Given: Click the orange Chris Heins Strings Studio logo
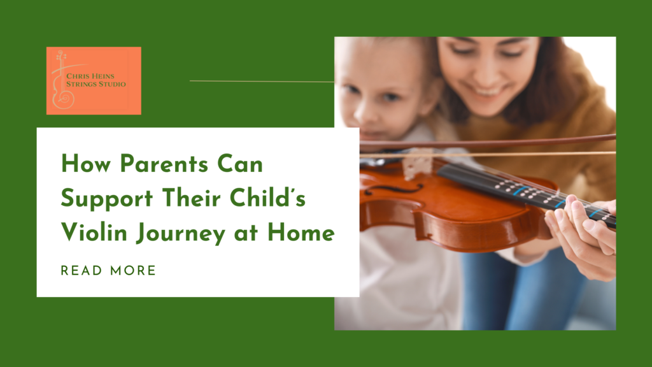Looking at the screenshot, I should pyautogui.click(x=94, y=80).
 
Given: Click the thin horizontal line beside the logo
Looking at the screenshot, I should pyautogui.click(x=261, y=81).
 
